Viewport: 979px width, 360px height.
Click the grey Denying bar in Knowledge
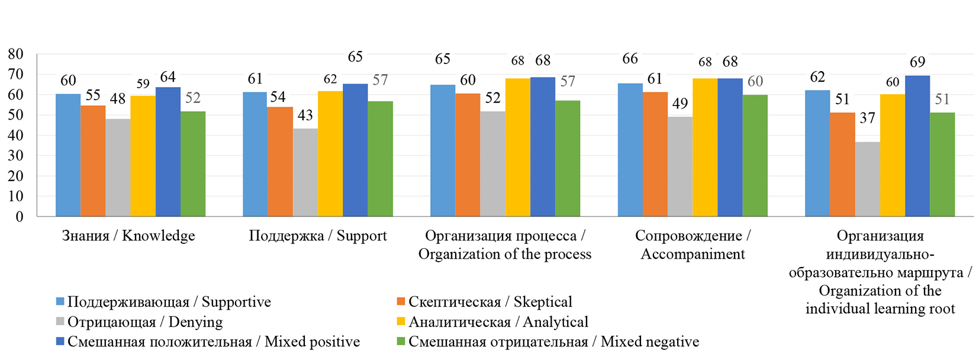tap(118, 168)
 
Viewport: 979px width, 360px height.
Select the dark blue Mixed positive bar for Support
tap(355, 150)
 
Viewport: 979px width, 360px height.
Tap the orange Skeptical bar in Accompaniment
tap(655, 155)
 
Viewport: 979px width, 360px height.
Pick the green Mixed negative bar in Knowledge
tap(193, 164)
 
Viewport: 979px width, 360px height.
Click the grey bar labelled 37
tap(867, 179)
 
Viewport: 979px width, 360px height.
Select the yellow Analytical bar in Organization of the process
tap(517, 147)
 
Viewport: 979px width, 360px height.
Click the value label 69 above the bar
tap(917, 62)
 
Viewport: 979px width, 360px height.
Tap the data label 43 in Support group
tap(305, 115)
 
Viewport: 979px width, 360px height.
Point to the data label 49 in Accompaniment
tap(680, 104)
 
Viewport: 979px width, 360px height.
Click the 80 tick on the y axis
tap(15, 54)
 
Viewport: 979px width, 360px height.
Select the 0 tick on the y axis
tap(20, 217)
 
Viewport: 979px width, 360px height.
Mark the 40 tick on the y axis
tap(15, 136)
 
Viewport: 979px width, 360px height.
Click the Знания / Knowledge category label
tap(128, 236)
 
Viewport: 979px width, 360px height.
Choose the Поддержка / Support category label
tap(318, 236)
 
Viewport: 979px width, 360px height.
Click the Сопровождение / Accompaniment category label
tap(693, 245)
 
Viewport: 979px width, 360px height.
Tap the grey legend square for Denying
tap(60, 322)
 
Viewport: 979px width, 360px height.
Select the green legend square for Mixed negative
tap(401, 342)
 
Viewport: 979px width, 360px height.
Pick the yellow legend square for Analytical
tap(401, 322)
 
